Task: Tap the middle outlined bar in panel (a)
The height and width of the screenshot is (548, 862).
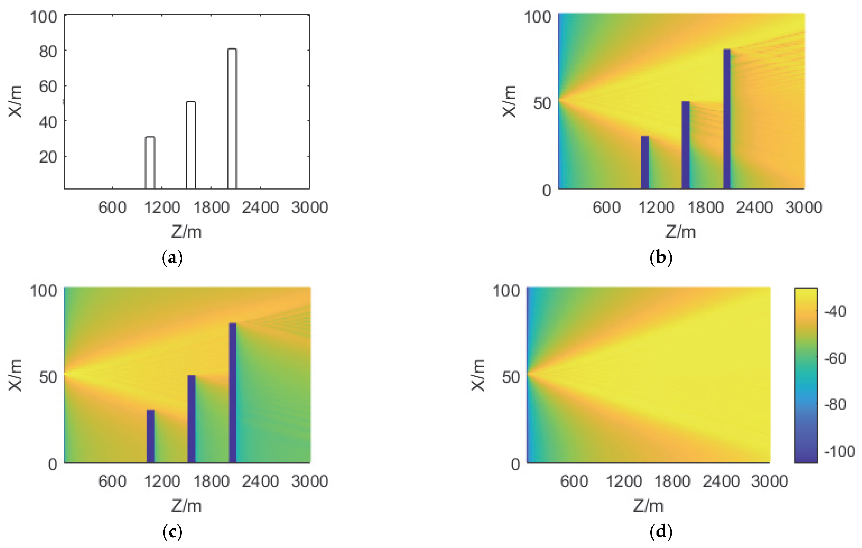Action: coord(191,145)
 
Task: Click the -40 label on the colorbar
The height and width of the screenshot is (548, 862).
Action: coord(835,311)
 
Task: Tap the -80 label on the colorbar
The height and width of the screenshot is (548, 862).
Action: coord(835,404)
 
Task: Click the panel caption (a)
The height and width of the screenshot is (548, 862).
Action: coord(172,258)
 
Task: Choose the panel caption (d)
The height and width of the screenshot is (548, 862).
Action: coord(661,532)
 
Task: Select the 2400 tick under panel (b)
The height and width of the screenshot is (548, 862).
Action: coord(754,208)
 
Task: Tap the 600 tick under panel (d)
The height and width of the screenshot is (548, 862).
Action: coord(574,481)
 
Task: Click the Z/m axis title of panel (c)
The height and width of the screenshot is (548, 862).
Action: coord(186,506)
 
